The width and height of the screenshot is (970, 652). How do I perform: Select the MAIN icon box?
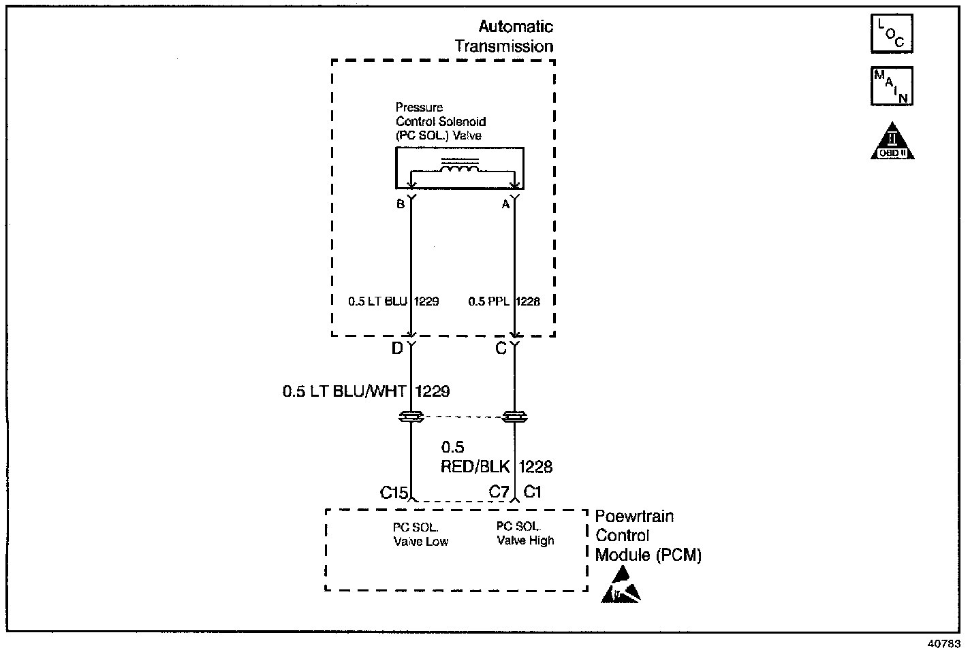[x=891, y=86]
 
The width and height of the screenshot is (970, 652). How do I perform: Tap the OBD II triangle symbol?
[x=892, y=142]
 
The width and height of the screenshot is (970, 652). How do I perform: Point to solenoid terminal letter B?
[x=401, y=203]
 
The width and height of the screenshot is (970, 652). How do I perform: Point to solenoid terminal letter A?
[x=505, y=203]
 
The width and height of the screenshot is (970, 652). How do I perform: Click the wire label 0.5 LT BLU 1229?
[x=393, y=301]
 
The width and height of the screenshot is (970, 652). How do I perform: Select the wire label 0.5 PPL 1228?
[x=504, y=301]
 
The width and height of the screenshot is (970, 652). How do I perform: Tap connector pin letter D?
[x=396, y=348]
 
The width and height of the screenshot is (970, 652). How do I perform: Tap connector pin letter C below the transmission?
[x=501, y=348]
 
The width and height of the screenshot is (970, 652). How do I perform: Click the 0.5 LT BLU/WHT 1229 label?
[x=366, y=392]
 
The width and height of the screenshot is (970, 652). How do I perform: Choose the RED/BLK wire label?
[x=475, y=467]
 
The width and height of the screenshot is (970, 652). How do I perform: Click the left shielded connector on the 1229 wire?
[x=411, y=417]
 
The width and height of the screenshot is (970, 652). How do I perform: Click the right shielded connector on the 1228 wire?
[x=514, y=417]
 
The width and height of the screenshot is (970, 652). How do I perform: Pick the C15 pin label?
[x=393, y=492]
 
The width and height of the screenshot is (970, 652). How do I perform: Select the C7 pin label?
[x=499, y=491]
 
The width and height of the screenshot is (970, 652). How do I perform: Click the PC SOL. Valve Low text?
[x=420, y=535]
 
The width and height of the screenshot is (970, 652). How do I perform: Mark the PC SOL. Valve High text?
[x=525, y=534]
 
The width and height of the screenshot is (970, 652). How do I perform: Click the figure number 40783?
[x=943, y=643]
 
